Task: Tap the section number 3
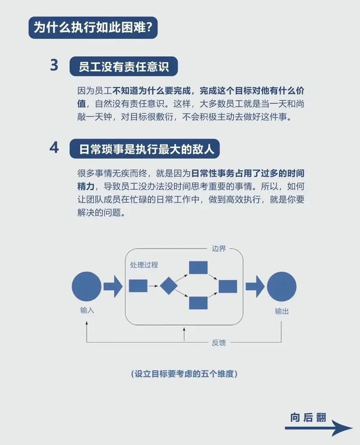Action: point(55,66)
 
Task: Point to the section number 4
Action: point(55,148)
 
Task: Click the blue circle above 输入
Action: point(86,286)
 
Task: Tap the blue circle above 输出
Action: point(281,286)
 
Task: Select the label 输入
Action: point(87,311)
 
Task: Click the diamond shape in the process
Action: point(168,286)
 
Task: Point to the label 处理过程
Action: point(144,265)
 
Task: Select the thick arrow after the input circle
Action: point(113,286)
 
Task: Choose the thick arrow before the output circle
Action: point(255,286)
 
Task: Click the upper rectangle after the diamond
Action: point(198,268)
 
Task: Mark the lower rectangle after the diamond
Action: point(198,303)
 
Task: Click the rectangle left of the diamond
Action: point(138,286)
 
